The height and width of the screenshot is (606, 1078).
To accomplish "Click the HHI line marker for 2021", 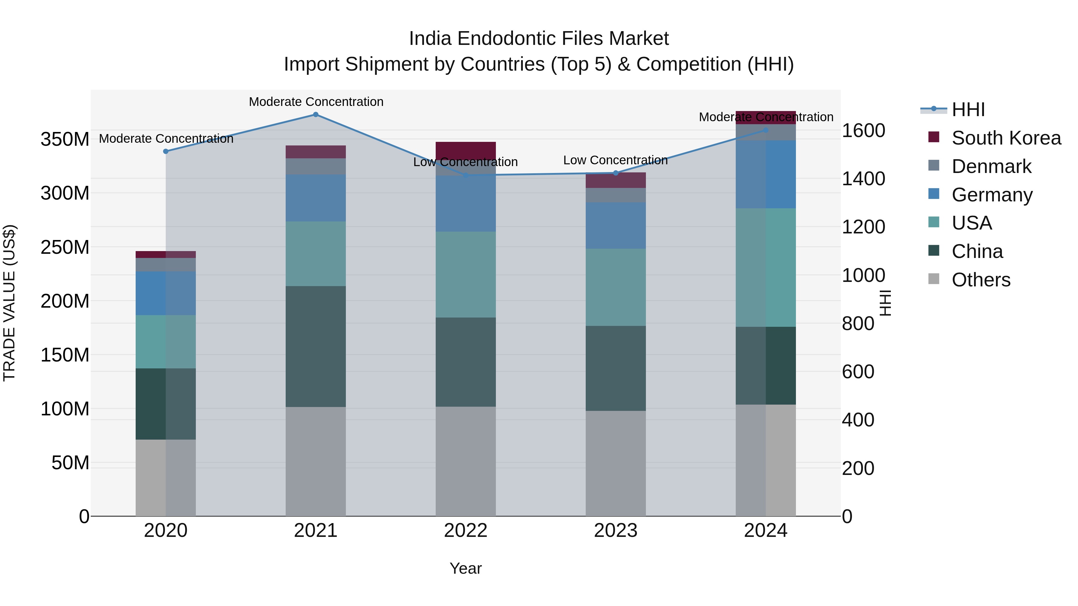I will (316, 115).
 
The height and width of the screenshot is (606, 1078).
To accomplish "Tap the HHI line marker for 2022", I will (466, 175).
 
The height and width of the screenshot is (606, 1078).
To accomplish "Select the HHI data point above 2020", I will (166, 151).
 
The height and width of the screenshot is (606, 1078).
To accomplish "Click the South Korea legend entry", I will (1006, 138).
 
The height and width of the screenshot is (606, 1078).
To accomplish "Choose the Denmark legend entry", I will (991, 166).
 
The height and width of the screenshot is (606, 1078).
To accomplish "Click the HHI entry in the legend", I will (968, 110).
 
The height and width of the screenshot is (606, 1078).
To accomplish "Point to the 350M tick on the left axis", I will (65, 139).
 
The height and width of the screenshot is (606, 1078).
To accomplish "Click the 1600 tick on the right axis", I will (863, 130).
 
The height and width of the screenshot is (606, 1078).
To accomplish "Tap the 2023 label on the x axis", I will (616, 531).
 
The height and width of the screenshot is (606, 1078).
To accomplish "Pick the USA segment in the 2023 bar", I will (616, 287).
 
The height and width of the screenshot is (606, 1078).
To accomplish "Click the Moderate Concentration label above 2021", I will (316, 102).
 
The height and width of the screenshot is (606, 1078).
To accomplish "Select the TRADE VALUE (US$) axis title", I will (10, 303).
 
